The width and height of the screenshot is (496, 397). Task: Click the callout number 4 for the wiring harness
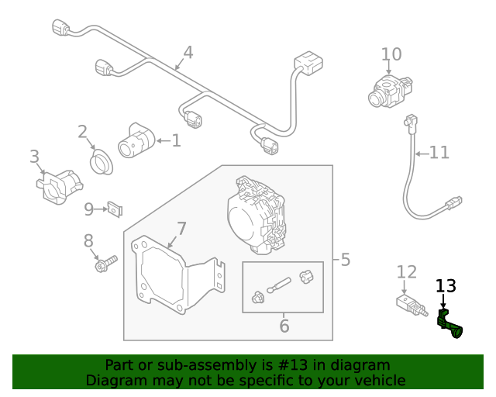click(x=188, y=53)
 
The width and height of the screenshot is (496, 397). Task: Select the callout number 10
click(x=391, y=54)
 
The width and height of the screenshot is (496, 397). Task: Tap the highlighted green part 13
click(x=449, y=324)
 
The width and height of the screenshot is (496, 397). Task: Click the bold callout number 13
click(x=446, y=286)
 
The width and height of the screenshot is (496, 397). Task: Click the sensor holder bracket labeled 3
click(x=58, y=185)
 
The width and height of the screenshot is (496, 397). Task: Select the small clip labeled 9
click(x=116, y=209)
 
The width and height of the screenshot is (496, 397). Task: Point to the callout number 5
click(x=345, y=259)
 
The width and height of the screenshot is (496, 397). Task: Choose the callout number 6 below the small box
click(x=284, y=326)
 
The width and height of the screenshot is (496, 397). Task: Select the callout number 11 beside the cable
click(x=439, y=153)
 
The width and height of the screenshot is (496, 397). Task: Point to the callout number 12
click(x=407, y=271)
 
